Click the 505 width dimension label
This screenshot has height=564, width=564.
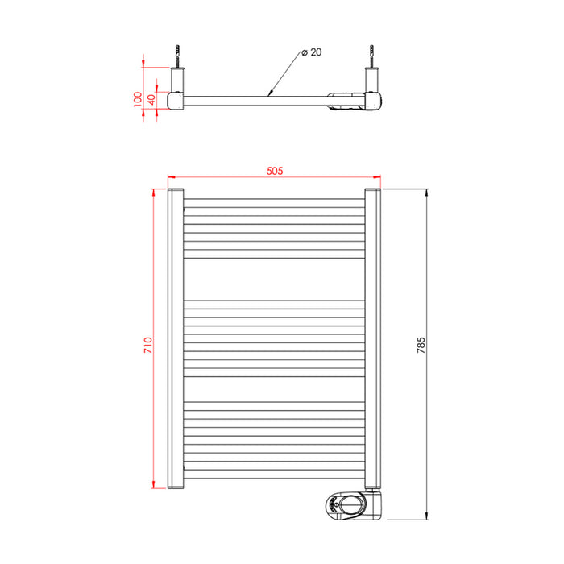pyautogui.click(x=275, y=171)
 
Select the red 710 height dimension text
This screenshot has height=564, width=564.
pyautogui.click(x=148, y=345)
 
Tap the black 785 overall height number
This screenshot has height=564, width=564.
pyautogui.click(x=421, y=345)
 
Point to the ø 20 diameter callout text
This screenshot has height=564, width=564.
pyautogui.click(x=312, y=52)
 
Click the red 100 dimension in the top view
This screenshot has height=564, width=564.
pyautogui.click(x=138, y=99)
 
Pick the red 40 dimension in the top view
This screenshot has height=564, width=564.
pyautogui.click(x=151, y=100)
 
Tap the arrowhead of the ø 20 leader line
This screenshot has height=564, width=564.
pyautogui.click(x=270, y=93)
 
